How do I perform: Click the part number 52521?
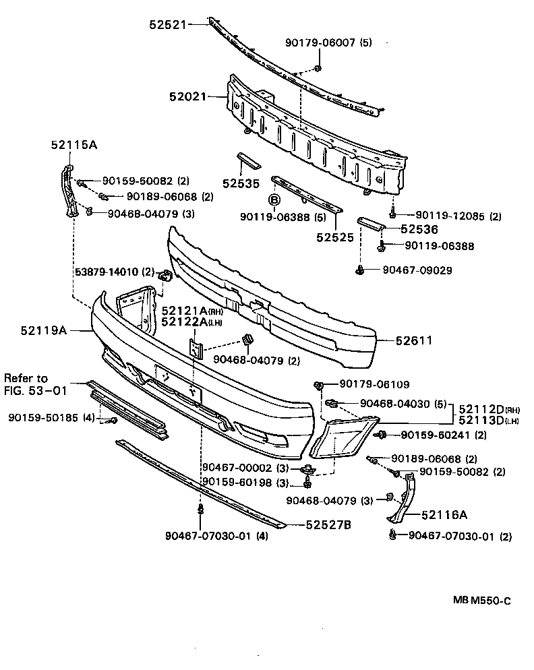pyautogui.click(x=167, y=25)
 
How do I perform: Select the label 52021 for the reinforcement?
pyautogui.click(x=187, y=97)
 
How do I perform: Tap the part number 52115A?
pyautogui.click(x=73, y=144)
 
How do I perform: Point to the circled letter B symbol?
pyautogui.click(x=274, y=200)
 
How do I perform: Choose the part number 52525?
pyautogui.click(x=335, y=237)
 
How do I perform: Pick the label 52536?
pyautogui.click(x=419, y=229)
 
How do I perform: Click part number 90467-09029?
pyautogui.click(x=417, y=270)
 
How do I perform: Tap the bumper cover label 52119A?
pyautogui.click(x=43, y=330)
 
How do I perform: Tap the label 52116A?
pyautogui.click(x=444, y=514)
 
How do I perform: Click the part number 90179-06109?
pyautogui.click(x=374, y=384)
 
